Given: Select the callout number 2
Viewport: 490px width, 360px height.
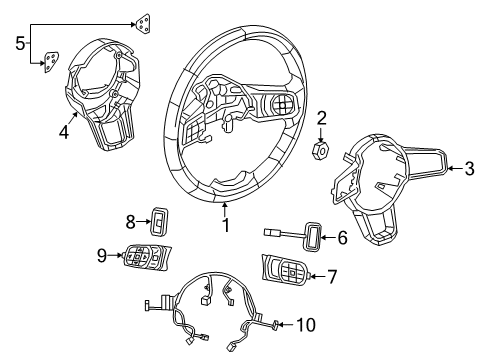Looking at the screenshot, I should (x=322, y=120).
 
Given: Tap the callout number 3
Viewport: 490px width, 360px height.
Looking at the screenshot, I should (x=469, y=169).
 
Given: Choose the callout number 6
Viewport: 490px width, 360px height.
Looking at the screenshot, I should (x=342, y=237).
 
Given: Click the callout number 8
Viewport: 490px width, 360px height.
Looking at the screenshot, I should (x=131, y=220).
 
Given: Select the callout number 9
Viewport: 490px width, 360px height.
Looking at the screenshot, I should (x=101, y=256).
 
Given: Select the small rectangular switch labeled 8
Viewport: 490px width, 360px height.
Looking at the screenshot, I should (x=159, y=220).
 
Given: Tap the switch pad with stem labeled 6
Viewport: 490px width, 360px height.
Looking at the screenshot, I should (x=311, y=236).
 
